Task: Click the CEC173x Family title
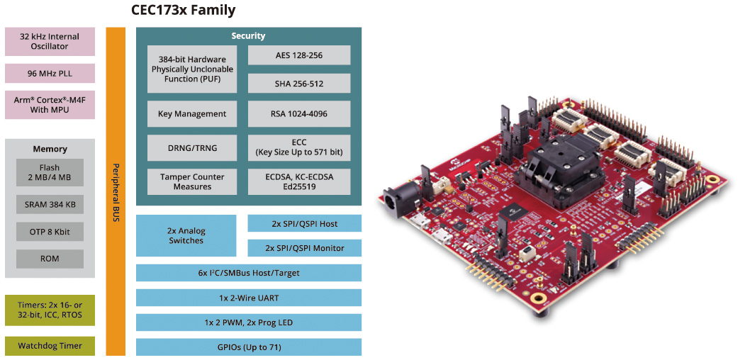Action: [184, 11]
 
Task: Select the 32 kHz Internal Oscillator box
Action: [50, 41]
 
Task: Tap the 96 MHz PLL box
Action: [50, 73]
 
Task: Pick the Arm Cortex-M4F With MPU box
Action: [50, 105]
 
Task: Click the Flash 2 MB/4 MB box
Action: [50, 172]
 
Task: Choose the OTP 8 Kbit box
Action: [50, 232]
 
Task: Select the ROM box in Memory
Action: [50, 259]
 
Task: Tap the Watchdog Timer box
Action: [50, 346]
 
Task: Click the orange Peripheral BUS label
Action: [116, 191]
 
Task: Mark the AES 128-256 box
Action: [299, 55]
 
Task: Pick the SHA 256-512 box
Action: [299, 84]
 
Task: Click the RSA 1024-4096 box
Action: [299, 113]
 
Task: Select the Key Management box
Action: [192, 113]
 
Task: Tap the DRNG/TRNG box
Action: [192, 147]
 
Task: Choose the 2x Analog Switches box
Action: [186, 235]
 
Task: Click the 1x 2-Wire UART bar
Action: [248, 298]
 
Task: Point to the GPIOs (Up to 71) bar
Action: [248, 347]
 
